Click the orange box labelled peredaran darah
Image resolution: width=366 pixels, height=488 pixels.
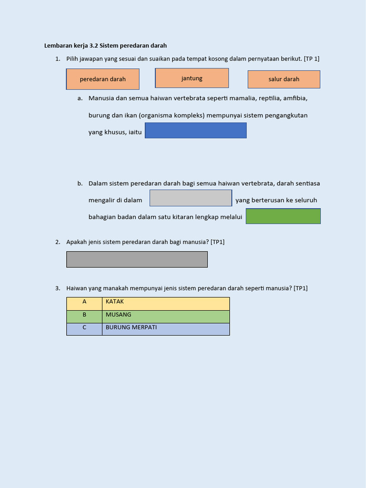102,79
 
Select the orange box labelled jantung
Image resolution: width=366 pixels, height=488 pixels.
192,78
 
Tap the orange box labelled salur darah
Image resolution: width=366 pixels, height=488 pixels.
284,79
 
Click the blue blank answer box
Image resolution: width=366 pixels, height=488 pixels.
195,131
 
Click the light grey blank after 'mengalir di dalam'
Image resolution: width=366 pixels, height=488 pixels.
191,198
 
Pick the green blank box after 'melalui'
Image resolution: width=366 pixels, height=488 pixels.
283,216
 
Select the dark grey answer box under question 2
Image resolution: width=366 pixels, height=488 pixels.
137,259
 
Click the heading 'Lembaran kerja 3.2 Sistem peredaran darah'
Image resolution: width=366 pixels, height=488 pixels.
105,46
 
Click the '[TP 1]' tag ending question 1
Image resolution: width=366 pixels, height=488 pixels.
311,59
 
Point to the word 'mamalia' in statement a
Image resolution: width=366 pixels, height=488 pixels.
244,98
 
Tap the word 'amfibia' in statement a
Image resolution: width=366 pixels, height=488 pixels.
295,98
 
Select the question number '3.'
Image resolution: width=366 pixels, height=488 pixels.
58,288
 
